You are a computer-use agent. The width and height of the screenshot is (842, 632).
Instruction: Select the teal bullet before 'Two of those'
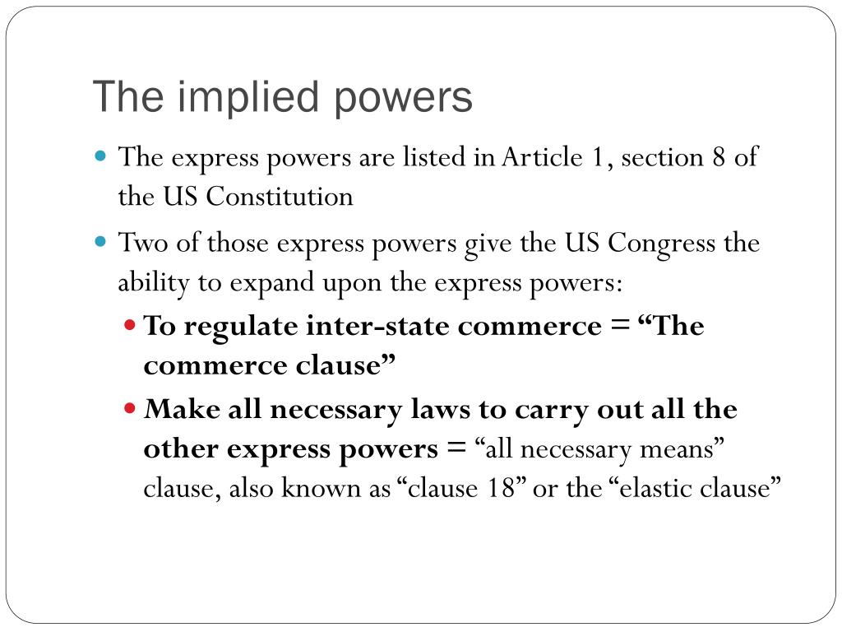pyautogui.click(x=102, y=243)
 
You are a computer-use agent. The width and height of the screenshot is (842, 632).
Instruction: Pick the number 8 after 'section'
pyautogui.click(x=719, y=156)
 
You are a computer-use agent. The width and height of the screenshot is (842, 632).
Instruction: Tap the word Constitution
pyautogui.click(x=280, y=197)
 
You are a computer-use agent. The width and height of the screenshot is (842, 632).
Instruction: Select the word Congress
pyautogui.click(x=663, y=244)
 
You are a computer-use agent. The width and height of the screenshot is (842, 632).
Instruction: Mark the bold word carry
pyautogui.click(x=543, y=409)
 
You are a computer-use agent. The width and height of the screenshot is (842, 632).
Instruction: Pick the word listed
pyautogui.click(x=434, y=156)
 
